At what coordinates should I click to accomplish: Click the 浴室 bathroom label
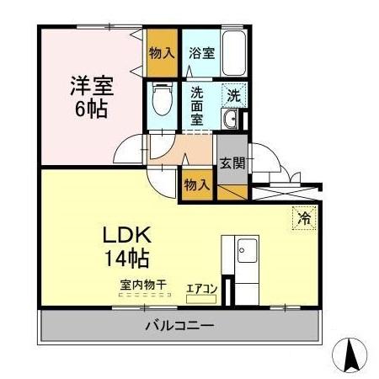tap(201, 52)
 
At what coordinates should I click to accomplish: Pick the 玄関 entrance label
tap(232, 163)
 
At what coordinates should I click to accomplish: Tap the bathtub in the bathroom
tap(234, 53)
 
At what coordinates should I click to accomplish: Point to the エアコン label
tap(202, 289)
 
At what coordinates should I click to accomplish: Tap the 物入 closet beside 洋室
tap(162, 52)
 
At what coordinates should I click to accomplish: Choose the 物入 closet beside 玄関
tap(197, 184)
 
